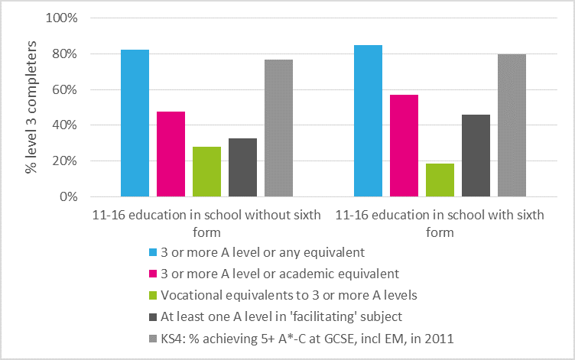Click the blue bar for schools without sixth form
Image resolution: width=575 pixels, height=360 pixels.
135,123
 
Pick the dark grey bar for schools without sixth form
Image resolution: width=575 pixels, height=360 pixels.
242,167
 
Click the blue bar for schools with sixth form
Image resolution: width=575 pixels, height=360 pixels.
368,121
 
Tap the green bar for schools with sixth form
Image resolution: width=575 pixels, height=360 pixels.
440,180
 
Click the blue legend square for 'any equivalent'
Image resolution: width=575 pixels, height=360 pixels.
154,251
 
